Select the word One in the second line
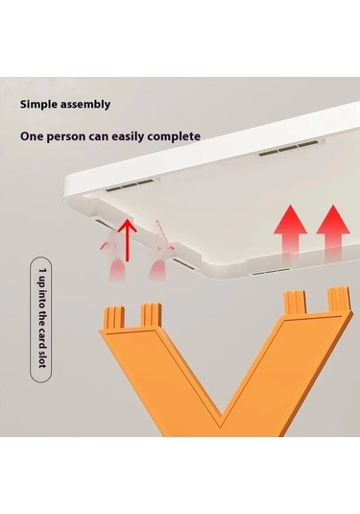click(x=31, y=136)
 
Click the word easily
click(x=129, y=137)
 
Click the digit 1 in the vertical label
click(x=43, y=271)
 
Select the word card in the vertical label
click(x=42, y=338)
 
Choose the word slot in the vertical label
click(x=42, y=359)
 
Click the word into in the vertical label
click(x=42, y=298)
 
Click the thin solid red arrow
click(x=127, y=241)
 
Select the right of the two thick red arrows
click(x=333, y=232)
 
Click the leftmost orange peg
click(x=114, y=317)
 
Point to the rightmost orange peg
click(x=339, y=299)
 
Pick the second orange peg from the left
click(x=152, y=315)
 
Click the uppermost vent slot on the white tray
click(x=288, y=148)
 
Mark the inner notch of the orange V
click(x=221, y=418)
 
